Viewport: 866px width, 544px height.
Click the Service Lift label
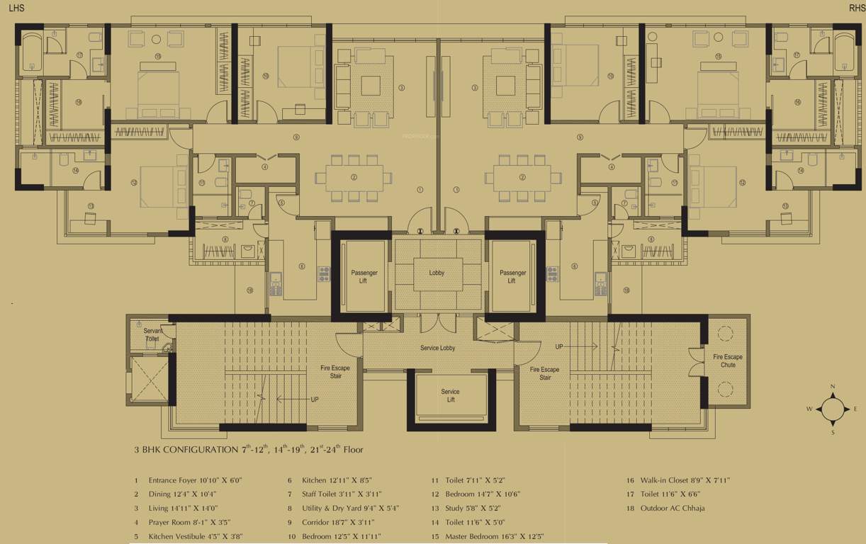(x=450, y=395)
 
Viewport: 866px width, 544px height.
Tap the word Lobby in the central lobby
(x=437, y=273)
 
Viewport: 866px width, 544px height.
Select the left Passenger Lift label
(x=364, y=277)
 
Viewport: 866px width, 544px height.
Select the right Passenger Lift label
(x=512, y=277)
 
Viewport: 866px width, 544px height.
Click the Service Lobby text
(x=438, y=348)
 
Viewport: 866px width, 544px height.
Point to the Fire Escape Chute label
(x=729, y=361)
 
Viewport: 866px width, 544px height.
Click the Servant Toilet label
(x=152, y=335)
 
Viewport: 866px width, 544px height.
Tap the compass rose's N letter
(x=833, y=387)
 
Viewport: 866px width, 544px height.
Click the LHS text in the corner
(x=16, y=8)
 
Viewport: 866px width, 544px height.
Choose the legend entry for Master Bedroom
(x=494, y=536)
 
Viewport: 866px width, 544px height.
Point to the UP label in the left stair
(x=314, y=399)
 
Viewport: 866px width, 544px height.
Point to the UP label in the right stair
(x=559, y=346)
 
